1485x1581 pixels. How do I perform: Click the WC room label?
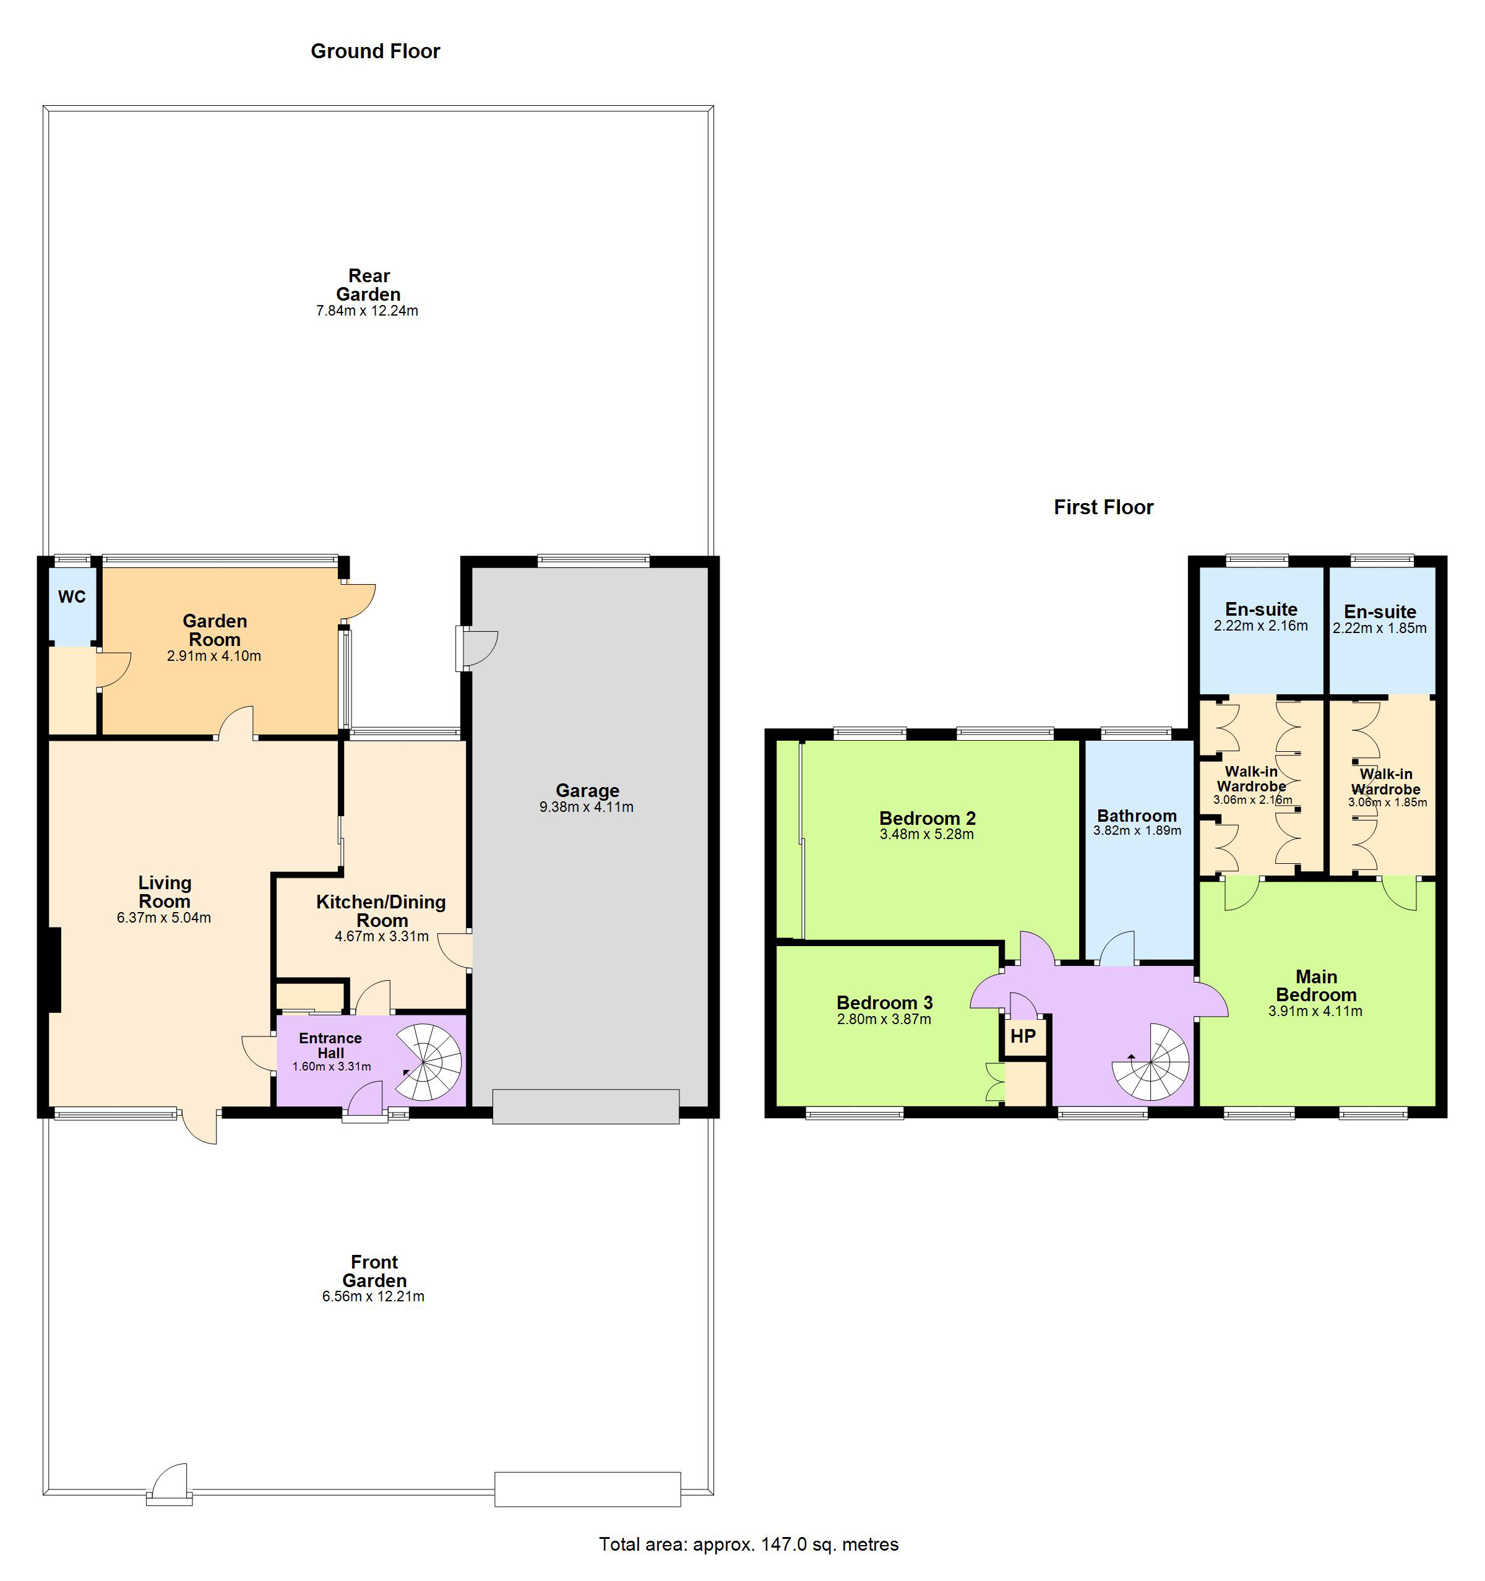72,597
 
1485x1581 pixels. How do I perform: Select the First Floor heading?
1103,507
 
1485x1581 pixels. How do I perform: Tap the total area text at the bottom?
749,1544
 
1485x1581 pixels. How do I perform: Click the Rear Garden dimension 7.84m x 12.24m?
367,311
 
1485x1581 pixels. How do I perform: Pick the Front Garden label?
374,1271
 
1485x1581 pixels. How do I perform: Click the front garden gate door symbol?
170,1484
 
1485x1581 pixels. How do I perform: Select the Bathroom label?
1137,816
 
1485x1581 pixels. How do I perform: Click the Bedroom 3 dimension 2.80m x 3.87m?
884,1020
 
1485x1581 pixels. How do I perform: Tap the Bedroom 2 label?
928,818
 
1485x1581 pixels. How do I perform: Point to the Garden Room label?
215,630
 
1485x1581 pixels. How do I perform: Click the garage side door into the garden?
476,648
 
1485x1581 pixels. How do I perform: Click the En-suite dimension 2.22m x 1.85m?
1380,628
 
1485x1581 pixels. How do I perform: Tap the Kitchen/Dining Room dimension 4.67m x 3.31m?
382,937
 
